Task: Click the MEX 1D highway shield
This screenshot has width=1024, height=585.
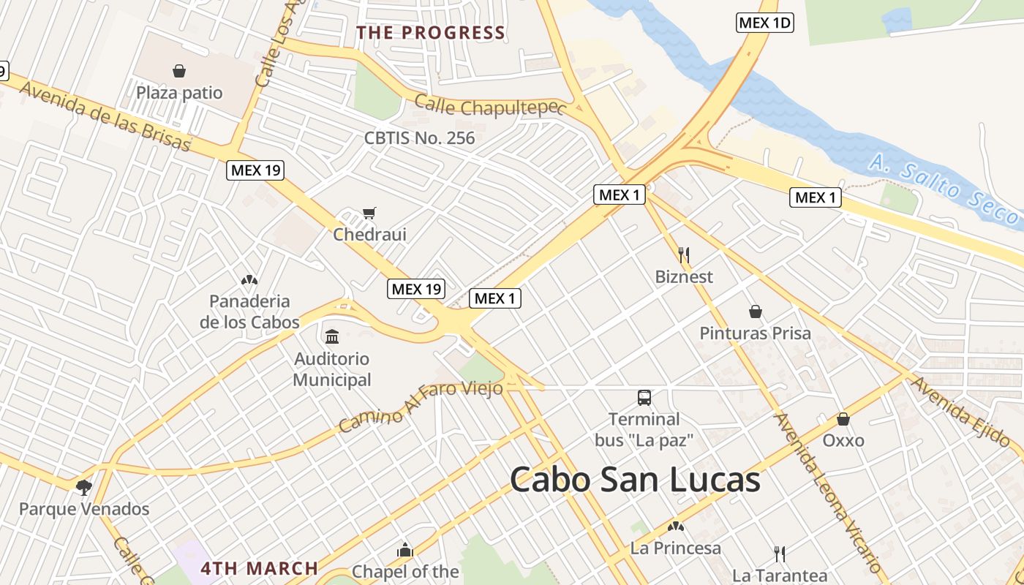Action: tap(764, 23)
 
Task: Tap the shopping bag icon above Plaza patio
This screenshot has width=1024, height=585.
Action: tap(179, 71)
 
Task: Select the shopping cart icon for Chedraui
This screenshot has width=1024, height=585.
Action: tap(369, 213)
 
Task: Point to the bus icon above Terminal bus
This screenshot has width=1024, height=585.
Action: tap(644, 397)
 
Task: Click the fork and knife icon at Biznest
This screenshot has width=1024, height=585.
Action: tap(684, 254)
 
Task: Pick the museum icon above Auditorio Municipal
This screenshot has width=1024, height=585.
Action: tap(332, 336)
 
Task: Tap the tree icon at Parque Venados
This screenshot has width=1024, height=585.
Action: tap(84, 486)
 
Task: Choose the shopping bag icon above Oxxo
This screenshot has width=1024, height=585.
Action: tap(843, 419)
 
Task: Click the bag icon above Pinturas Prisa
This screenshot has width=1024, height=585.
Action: tap(756, 312)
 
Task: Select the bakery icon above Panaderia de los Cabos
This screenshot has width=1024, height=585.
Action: tap(249, 279)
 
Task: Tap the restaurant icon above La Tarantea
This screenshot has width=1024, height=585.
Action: tap(780, 554)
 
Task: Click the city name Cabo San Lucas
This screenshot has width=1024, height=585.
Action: tap(635, 480)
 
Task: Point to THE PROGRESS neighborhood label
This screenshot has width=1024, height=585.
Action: tap(431, 33)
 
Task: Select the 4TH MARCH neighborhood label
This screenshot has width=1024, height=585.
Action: tap(260, 568)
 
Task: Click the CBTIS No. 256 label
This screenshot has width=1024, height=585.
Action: tap(420, 137)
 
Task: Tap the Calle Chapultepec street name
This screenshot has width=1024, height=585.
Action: tap(490, 106)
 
